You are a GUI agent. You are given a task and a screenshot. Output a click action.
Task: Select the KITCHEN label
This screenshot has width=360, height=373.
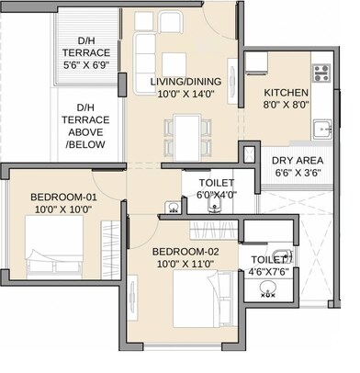(287, 93)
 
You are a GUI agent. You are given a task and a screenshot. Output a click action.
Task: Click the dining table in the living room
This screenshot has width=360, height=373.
(186, 134)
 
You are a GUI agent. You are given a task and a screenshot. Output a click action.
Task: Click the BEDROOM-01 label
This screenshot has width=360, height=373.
(62, 197)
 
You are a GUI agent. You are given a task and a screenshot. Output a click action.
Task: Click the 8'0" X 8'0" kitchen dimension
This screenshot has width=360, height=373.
(287, 106)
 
